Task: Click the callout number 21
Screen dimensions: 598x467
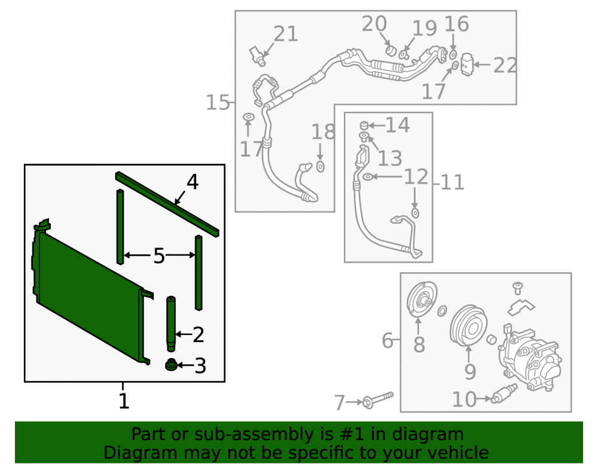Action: [286, 34]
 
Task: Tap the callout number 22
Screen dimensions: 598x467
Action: [505, 65]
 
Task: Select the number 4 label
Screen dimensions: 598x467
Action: [193, 182]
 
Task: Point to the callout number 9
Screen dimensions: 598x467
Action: [470, 371]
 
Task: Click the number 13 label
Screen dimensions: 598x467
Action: [390, 158]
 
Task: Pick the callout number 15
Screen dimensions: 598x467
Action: [218, 103]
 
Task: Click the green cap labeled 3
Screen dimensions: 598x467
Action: [171, 365]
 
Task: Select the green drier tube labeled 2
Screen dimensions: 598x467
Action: [171, 324]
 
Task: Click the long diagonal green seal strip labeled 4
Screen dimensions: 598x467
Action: [167, 204]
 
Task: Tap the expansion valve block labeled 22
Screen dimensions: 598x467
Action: [467, 65]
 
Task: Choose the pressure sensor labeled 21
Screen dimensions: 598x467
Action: [258, 56]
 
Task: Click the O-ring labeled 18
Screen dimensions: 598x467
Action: [321, 167]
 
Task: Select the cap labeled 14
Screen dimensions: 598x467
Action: [364, 125]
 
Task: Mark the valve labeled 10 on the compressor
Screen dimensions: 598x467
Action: [504, 394]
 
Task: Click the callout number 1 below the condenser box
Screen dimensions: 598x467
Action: [124, 401]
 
